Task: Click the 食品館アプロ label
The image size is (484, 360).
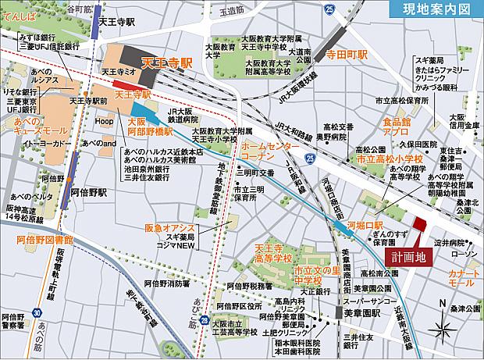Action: (397, 127)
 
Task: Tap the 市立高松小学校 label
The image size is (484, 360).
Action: (390, 159)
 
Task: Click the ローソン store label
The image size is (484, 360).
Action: (459, 255)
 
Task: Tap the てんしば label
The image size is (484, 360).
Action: (20, 15)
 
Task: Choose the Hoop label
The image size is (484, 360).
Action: (104, 122)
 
